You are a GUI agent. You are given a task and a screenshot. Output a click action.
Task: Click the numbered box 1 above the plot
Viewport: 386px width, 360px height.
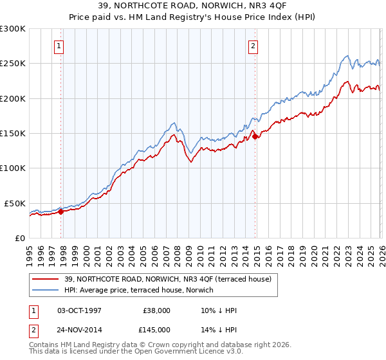(59, 46)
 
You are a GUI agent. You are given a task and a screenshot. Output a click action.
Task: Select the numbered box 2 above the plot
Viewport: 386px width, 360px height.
(253, 46)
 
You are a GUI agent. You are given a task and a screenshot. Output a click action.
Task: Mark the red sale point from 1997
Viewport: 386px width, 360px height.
(60, 212)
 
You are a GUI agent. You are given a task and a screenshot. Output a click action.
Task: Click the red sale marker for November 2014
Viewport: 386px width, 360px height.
(255, 136)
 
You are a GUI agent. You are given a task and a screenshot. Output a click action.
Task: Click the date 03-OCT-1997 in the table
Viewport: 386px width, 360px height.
(79, 310)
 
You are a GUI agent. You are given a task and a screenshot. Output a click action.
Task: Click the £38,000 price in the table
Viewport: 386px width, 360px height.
(157, 310)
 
